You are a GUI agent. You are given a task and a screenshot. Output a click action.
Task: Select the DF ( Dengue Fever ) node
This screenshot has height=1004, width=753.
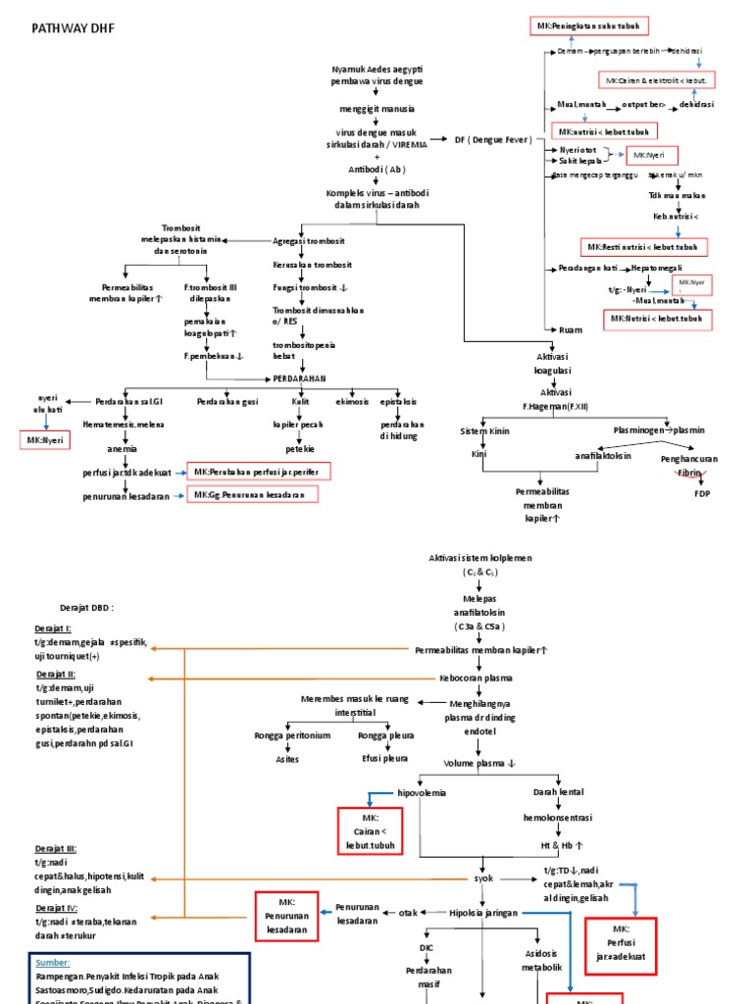tap(493, 140)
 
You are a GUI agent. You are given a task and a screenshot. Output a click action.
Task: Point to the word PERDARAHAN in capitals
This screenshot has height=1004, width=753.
tap(299, 377)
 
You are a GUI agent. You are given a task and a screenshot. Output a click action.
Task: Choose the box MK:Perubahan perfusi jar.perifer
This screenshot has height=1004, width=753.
tap(259, 473)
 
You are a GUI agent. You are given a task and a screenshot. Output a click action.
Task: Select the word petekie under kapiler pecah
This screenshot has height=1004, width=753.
tap(300, 448)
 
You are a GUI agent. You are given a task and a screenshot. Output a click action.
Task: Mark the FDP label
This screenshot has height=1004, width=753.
tap(702, 494)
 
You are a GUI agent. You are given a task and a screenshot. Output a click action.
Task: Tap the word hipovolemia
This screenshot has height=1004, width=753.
tap(421, 792)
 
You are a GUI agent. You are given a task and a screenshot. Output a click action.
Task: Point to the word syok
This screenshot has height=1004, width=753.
tap(485, 878)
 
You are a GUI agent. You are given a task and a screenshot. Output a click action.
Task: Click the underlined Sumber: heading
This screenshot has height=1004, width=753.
tap(53, 963)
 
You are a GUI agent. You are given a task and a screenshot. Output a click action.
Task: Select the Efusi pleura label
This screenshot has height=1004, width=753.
tap(382, 759)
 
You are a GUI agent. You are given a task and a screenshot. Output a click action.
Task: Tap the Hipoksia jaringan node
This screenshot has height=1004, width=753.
tap(483, 912)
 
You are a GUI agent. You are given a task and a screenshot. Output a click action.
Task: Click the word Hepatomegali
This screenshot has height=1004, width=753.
tap(659, 268)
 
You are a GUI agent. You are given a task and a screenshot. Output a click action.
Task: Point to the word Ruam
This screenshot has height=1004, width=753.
tap(570, 330)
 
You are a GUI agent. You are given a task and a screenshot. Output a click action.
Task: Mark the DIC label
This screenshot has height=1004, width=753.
tap(426, 947)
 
